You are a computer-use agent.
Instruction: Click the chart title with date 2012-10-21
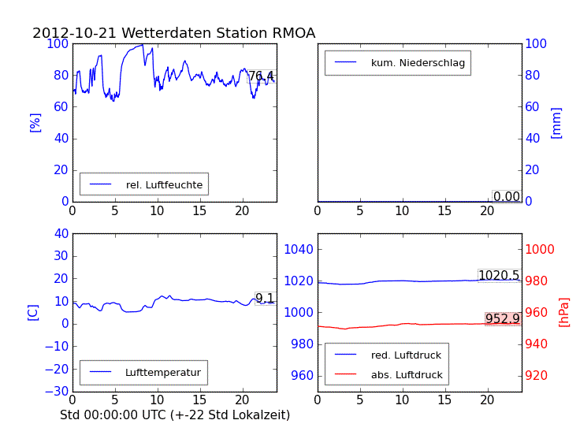point(173,33)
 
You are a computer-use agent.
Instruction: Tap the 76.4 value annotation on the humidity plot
point(261,76)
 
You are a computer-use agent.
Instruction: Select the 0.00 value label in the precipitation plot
point(507,197)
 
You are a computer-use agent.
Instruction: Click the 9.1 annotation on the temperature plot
point(265,299)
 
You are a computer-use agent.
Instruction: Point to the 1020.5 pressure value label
point(499,276)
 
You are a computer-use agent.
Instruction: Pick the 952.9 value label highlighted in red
point(502,319)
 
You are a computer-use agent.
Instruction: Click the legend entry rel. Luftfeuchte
point(164,185)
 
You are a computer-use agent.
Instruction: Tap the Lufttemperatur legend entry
point(162,373)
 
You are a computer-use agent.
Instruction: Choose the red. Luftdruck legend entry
point(407,355)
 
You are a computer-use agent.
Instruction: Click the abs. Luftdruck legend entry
point(407,375)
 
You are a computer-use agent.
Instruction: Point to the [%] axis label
point(34,122)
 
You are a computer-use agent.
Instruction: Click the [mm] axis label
point(556,122)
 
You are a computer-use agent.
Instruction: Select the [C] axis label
point(32,312)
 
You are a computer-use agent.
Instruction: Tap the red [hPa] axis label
point(564,312)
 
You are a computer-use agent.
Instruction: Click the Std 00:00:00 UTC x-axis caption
point(175,415)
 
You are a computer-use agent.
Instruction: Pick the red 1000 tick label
point(541,250)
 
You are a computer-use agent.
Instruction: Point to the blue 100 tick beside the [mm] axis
point(537,43)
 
